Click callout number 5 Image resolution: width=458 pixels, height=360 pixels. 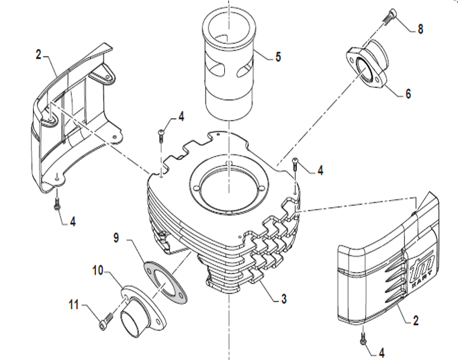pyautogui.click(x=278, y=57)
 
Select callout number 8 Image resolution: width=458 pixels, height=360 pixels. pyautogui.click(x=420, y=29)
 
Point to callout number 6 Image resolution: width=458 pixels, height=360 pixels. pyautogui.click(x=408, y=94)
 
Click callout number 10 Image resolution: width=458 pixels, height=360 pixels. pyautogui.click(x=97, y=271)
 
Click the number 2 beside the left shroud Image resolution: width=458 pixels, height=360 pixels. pyautogui.click(x=38, y=54)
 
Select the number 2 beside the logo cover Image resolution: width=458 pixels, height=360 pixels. pyautogui.click(x=416, y=321)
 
